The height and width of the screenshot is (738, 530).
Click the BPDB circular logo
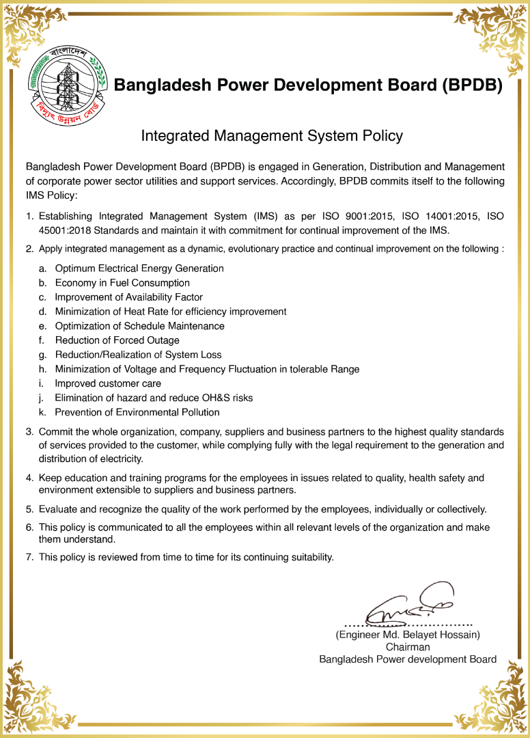point(68,83)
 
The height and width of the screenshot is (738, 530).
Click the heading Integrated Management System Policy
point(271,136)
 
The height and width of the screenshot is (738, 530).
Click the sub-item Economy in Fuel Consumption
point(122,283)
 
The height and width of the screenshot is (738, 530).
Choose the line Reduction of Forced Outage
point(117,340)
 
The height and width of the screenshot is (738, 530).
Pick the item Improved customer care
point(108,383)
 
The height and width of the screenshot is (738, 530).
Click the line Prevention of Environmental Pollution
point(137,412)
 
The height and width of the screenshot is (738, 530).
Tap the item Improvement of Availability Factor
point(128,297)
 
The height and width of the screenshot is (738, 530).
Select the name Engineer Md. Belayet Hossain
point(408,635)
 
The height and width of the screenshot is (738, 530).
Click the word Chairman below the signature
point(408,647)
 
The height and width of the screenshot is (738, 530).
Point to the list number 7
point(29,557)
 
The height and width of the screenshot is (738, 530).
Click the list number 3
point(29,432)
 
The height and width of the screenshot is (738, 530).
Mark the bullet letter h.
point(42,369)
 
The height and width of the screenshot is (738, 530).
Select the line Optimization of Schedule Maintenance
point(139,326)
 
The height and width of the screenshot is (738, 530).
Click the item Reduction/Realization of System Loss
point(138,355)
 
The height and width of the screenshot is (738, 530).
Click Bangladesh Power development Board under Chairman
point(408,659)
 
